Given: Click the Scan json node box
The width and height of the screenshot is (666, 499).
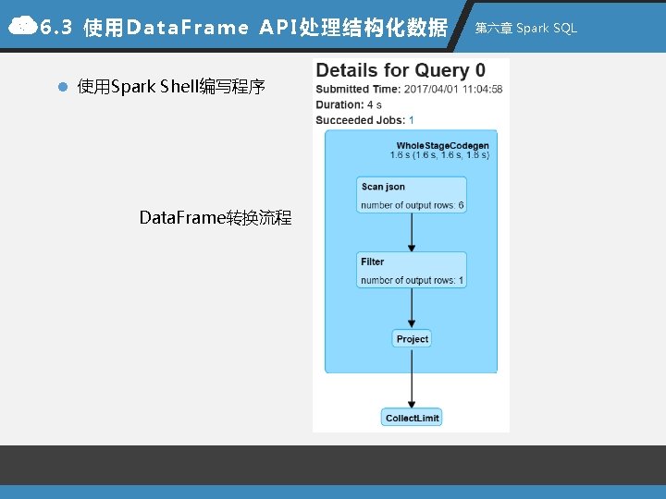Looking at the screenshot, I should [x=412, y=194].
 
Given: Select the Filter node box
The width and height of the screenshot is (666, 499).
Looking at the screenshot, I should [x=412, y=270].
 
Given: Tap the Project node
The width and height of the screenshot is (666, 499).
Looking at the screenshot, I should [x=412, y=339].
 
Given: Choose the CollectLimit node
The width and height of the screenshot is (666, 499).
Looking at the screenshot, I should [x=412, y=418].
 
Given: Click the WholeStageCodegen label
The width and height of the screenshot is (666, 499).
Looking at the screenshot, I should [x=442, y=146].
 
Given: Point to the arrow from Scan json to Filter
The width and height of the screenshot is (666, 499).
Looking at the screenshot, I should [x=412, y=232].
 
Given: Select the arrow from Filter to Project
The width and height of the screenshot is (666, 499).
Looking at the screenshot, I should [x=412, y=309].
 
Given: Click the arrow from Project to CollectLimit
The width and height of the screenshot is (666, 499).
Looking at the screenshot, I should [x=412, y=377].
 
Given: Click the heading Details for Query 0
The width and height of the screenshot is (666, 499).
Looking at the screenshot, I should [x=401, y=71].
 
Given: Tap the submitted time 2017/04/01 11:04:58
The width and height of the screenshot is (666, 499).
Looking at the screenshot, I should [x=453, y=90].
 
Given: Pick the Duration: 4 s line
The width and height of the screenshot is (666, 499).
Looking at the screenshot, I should [x=349, y=105].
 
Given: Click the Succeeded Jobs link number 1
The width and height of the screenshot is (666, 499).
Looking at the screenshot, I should [x=411, y=120].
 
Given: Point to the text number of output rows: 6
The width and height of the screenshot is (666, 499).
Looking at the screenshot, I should [x=412, y=205].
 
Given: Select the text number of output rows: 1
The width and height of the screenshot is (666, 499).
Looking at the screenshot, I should [x=412, y=280].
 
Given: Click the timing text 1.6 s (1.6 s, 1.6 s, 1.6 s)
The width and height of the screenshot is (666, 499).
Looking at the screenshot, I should [x=439, y=155].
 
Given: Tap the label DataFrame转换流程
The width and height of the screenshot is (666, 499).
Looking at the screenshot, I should [x=216, y=218].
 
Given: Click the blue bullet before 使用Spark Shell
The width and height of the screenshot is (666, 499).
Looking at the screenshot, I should [x=62, y=88].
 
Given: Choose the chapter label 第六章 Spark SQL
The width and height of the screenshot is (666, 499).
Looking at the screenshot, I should [x=525, y=28].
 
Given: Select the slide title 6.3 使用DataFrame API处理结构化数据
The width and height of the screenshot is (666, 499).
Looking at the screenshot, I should [x=245, y=28].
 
